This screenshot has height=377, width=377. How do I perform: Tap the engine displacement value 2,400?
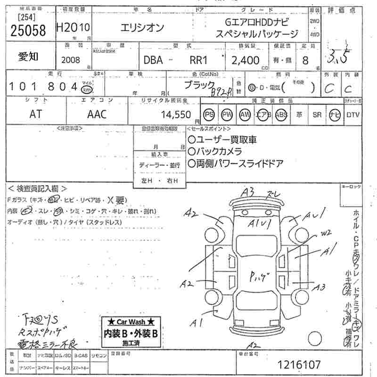[246, 60]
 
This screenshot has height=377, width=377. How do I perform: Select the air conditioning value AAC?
[97, 114]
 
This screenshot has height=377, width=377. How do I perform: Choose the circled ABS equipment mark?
[281, 115]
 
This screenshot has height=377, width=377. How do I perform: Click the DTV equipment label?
[352, 115]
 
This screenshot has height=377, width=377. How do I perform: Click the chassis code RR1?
[199, 60]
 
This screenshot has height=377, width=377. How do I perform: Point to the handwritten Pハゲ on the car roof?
[258, 276]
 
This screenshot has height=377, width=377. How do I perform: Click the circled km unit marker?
[87, 90]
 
